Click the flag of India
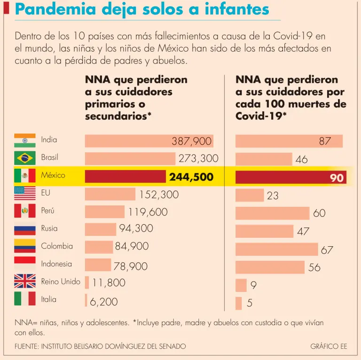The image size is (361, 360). click(24, 140)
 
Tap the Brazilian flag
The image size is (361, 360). click(24, 157)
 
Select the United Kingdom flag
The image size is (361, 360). click(24, 282)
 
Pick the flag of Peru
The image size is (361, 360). click(24, 211)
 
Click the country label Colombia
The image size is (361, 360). click(57, 246)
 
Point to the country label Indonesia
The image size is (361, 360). click(56, 264)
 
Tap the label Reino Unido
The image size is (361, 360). click(61, 282)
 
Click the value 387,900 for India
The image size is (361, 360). click(191, 141)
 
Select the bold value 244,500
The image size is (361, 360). click(191, 177)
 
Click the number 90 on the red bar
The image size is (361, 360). click(337, 178)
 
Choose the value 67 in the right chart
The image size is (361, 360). click(327, 250)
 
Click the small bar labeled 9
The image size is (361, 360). click(241, 285)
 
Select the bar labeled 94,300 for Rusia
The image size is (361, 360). click(101, 229)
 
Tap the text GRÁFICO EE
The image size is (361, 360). click(329, 346)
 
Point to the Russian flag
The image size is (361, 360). click(24, 228)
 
